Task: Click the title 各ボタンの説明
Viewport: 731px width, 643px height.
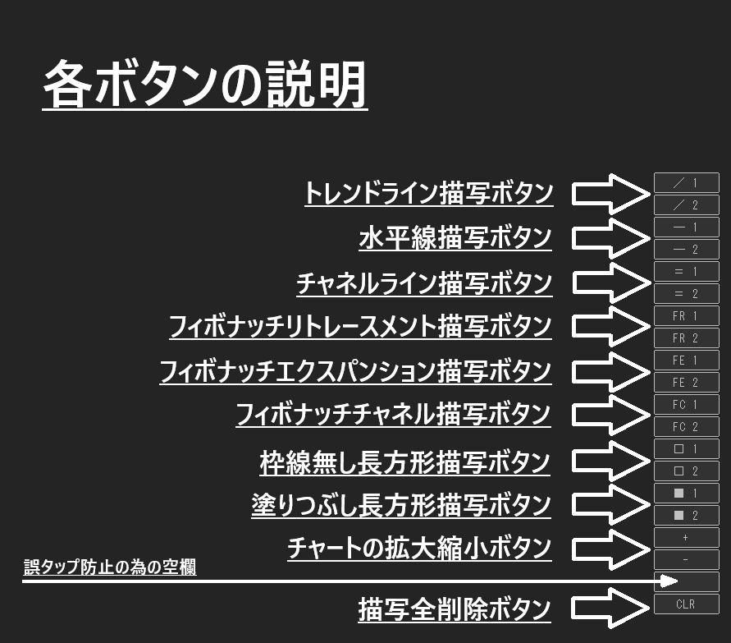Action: pos(204,85)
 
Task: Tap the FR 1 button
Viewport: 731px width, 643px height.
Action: pos(686,316)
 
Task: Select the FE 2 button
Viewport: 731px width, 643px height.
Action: pos(686,383)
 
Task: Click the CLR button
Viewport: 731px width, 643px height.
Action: pos(686,604)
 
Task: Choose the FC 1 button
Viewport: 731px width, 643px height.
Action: pos(686,405)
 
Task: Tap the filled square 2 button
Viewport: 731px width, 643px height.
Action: pos(686,516)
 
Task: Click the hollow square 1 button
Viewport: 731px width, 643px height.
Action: pos(686,449)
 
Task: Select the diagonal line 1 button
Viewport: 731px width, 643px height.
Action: pos(686,183)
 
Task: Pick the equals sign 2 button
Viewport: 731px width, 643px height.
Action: pos(686,294)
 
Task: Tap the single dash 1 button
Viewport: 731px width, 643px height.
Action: pos(686,227)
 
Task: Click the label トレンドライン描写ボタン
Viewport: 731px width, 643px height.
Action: pos(428,194)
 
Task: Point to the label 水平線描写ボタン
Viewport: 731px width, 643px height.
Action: pos(455,238)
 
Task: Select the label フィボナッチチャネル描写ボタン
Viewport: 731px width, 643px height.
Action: pos(393,414)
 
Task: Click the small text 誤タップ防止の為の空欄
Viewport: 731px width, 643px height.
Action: pos(109,567)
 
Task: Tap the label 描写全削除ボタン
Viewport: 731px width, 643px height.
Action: pos(455,610)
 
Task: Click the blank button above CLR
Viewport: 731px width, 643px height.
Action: pos(686,582)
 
